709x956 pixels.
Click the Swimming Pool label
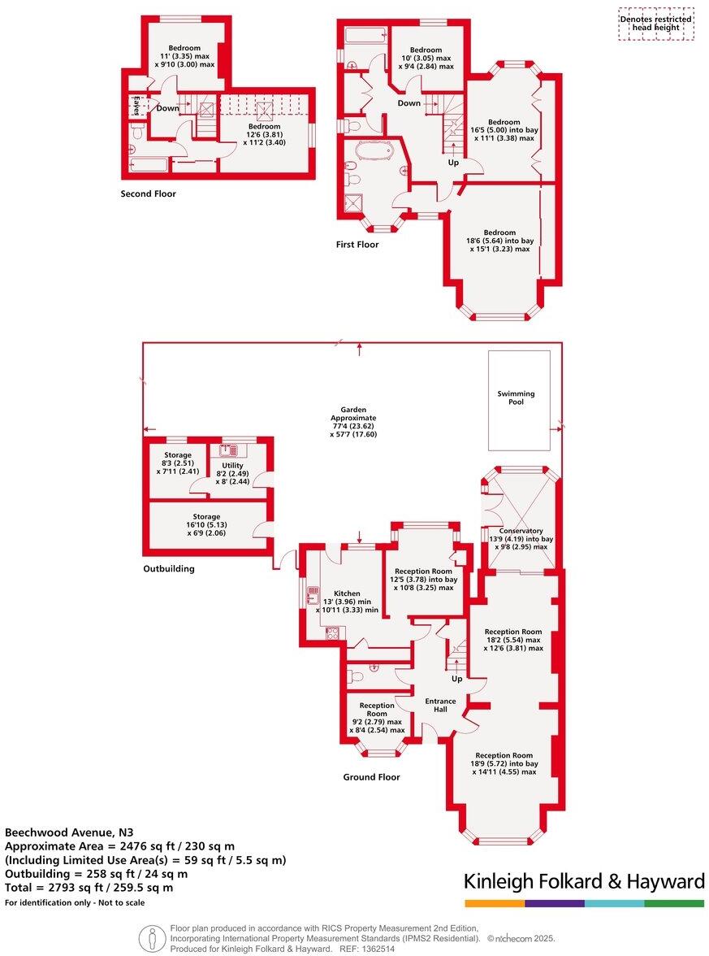(517, 398)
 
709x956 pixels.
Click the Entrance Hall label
(440, 705)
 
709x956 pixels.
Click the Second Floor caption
(148, 194)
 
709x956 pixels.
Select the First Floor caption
(357, 245)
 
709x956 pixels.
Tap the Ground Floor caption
(371, 777)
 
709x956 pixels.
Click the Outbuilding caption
(168, 569)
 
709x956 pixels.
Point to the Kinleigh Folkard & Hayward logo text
(584, 882)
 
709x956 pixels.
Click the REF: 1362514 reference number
(366, 949)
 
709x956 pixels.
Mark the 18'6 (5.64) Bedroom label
(500, 241)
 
